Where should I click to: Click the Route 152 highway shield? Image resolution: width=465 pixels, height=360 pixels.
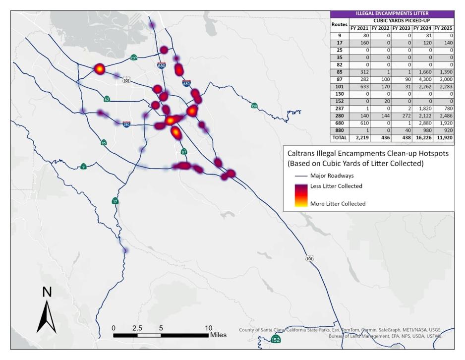pyautogui.click(x=276, y=339)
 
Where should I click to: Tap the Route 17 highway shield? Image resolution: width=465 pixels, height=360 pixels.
pyautogui.click(x=115, y=201)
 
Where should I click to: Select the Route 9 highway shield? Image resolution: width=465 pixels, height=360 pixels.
pyautogui.click(x=84, y=167)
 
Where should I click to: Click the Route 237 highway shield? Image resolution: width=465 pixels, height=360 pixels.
pyautogui.click(x=134, y=58)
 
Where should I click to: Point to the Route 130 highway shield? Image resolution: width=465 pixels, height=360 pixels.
pyautogui.click(x=254, y=106)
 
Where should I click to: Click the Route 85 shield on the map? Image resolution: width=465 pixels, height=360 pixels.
pyautogui.click(x=104, y=143)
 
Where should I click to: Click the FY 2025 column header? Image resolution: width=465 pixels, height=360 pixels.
pyautogui.click(x=443, y=28)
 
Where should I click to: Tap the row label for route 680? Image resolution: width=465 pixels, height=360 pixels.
pyautogui.click(x=340, y=121)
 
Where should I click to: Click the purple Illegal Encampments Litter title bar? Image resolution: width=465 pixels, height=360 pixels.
pyautogui.click(x=392, y=14)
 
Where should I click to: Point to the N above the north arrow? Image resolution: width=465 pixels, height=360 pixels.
pyautogui.click(x=47, y=293)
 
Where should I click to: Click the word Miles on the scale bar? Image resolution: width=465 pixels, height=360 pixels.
pyautogui.click(x=218, y=335)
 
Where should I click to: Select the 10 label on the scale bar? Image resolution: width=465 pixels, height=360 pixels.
pyautogui.click(x=208, y=328)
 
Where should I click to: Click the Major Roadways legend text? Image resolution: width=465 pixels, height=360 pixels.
pyautogui.click(x=332, y=176)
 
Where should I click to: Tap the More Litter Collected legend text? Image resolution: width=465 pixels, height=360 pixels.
pyautogui.click(x=338, y=203)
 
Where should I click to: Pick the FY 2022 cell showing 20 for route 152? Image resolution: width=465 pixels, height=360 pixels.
pyautogui.click(x=380, y=100)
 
